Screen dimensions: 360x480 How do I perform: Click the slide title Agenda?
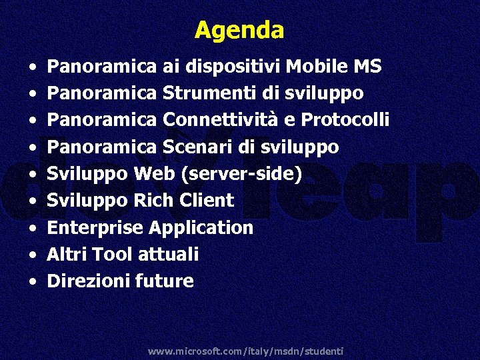(239, 30)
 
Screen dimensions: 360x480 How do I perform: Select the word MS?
(367, 67)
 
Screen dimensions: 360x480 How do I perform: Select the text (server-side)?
(241, 174)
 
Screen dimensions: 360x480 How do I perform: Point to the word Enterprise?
(95, 228)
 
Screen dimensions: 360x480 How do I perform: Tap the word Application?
(201, 228)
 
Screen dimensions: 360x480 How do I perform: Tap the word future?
(164, 281)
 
